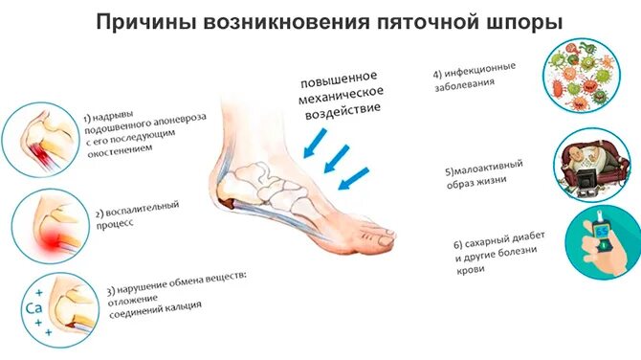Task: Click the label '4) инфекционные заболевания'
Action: pos(475,75)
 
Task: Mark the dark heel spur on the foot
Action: pos(231,203)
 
